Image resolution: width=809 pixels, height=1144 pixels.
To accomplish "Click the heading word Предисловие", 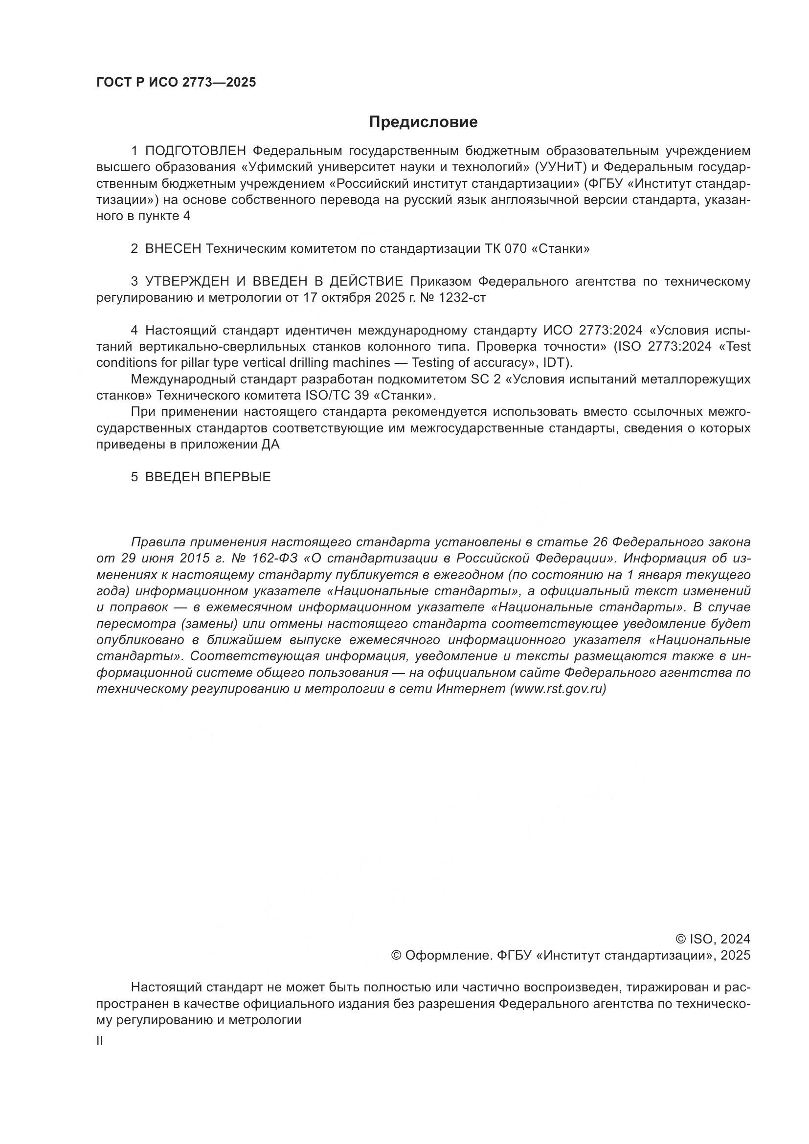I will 423,122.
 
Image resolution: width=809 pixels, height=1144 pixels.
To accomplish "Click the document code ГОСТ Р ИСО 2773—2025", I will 176,82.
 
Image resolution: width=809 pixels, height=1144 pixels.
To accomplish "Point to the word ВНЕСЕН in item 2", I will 173,248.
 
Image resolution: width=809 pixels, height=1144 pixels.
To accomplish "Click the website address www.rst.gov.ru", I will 558,689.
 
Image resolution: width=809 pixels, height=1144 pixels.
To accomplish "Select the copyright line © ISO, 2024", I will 712,939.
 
